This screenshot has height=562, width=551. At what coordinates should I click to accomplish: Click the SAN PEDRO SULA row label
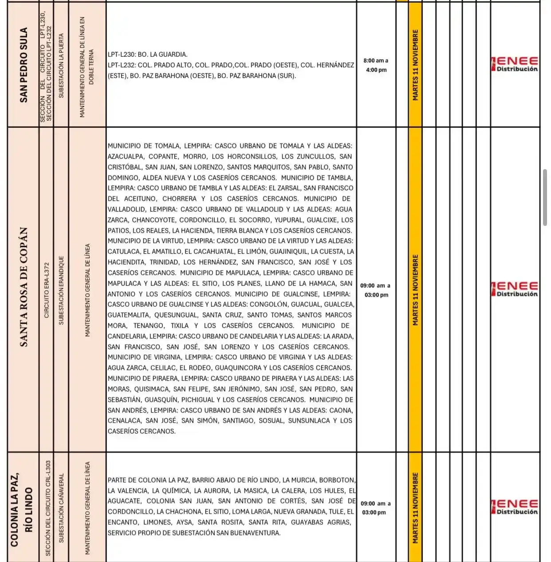coord(24,65)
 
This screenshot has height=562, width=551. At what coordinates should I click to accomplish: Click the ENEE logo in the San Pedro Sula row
coord(515,64)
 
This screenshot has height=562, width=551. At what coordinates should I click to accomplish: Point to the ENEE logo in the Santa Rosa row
coord(515,289)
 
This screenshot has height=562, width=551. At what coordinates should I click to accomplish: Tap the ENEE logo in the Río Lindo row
coord(515,507)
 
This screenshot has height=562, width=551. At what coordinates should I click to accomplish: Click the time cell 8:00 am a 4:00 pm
coord(376,65)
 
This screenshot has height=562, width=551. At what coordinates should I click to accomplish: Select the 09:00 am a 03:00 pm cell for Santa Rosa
coord(375,290)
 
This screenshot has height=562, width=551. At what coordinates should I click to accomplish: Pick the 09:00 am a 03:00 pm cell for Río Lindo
coord(375,508)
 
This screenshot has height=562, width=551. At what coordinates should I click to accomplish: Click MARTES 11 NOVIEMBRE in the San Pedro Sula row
coord(415,65)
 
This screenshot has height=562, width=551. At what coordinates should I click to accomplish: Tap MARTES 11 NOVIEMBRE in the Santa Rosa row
coord(415,289)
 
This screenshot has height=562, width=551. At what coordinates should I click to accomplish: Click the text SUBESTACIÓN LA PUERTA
coord(61,65)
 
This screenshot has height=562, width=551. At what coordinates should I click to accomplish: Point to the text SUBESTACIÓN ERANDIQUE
coord(61,290)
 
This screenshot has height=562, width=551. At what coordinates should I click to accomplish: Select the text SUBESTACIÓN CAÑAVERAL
coord(61,508)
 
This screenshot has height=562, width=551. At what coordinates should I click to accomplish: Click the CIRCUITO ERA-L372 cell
coord(47,290)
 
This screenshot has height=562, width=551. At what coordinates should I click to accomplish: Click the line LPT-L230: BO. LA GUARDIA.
coord(147,55)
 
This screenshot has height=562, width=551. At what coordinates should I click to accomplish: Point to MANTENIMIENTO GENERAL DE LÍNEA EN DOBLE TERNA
coord(87,67)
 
